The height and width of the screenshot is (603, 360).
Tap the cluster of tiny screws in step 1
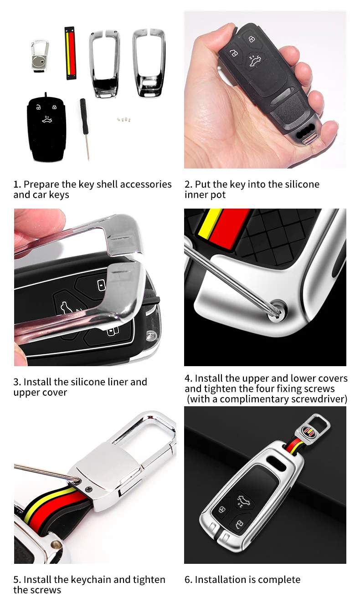[x=123, y=119]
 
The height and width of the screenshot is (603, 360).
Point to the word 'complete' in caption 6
[x=280, y=580]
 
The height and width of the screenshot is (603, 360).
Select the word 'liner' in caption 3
[x=115, y=382]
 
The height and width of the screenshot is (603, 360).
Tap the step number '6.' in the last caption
[x=188, y=580]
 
